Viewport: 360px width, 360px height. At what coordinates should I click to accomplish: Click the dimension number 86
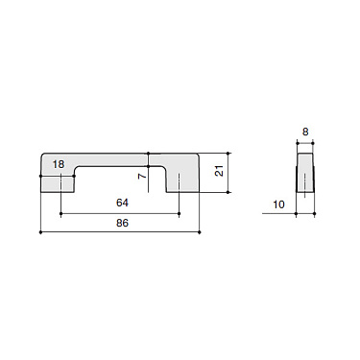click(x=121, y=223)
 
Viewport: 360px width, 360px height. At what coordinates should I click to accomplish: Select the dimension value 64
click(x=121, y=204)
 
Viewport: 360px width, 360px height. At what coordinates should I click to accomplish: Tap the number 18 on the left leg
click(x=59, y=164)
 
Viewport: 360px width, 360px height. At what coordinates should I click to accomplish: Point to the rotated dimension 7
click(x=140, y=177)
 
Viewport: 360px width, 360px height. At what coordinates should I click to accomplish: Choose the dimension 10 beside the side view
click(x=278, y=204)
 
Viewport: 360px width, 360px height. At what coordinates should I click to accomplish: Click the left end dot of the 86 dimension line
click(x=40, y=232)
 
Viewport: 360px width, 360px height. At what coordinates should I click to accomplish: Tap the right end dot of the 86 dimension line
click(x=200, y=232)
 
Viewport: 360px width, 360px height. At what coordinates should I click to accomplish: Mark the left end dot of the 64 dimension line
click(x=61, y=214)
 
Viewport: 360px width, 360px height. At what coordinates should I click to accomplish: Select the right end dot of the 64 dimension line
click(x=180, y=214)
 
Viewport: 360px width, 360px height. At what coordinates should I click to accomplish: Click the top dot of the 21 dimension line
click(x=229, y=153)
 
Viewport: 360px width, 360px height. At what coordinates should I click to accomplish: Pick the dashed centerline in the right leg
click(x=180, y=181)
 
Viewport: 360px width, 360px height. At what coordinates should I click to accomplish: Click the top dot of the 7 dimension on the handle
click(x=149, y=153)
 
